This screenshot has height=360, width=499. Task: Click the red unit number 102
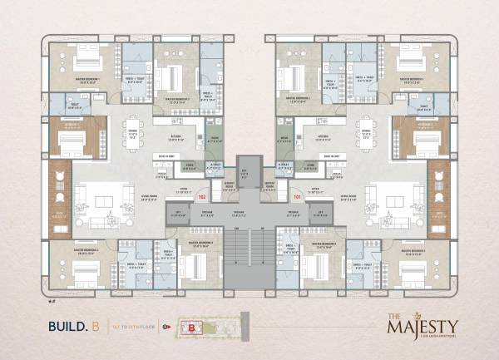[201, 197]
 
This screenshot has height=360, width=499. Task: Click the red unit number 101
[297, 197]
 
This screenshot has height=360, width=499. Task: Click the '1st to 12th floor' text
[132, 327]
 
